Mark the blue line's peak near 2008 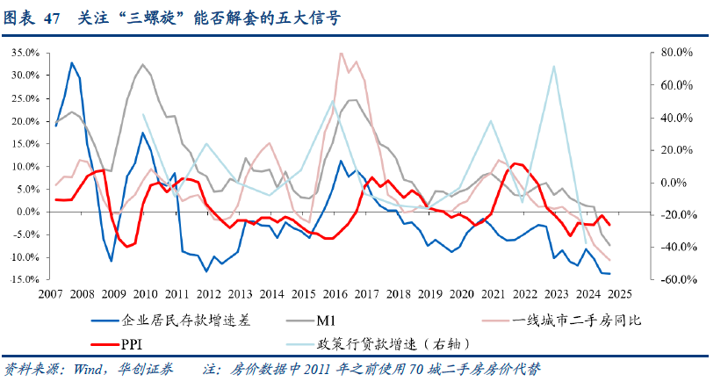(71, 62)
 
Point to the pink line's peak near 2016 (341, 53)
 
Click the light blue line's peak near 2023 (553, 66)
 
